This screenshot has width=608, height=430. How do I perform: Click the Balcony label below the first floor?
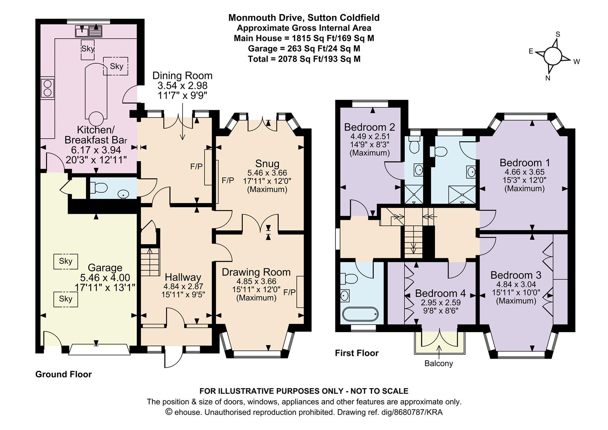[x=438, y=363]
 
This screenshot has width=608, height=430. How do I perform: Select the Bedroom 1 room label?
[x=524, y=162]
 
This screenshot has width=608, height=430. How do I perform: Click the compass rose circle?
[x=551, y=55]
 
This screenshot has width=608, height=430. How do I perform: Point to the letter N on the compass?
[x=548, y=78]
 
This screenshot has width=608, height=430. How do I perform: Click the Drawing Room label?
[x=256, y=272]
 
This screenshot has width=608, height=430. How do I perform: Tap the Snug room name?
[x=267, y=163]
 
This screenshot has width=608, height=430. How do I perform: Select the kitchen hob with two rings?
[x=47, y=88]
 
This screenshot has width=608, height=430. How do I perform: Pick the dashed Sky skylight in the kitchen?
[x=116, y=66]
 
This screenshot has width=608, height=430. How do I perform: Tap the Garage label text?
[x=105, y=268]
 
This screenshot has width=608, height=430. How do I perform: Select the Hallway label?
[x=183, y=277]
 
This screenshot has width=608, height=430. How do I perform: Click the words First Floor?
[x=357, y=353]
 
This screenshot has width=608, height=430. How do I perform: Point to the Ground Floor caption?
[x=63, y=374]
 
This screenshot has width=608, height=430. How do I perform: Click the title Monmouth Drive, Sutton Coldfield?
[x=304, y=18]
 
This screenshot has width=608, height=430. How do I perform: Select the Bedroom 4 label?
[x=440, y=293]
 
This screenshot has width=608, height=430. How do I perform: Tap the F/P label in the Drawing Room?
[x=289, y=292]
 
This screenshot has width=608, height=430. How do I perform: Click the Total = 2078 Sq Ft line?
[x=304, y=59]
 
